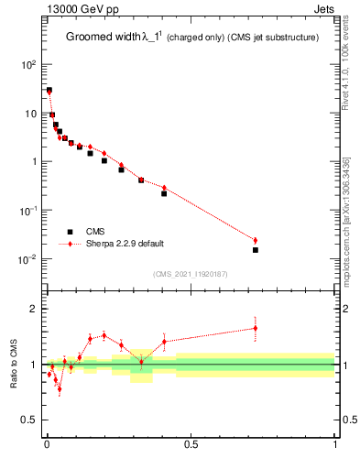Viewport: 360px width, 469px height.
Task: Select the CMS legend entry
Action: coord(94,232)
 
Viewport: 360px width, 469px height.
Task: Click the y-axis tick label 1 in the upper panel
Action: coord(34,162)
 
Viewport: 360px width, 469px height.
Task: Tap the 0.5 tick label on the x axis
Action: coord(191,446)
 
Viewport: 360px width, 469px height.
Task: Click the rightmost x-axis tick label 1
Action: coord(335,446)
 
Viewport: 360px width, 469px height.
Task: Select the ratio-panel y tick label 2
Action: coord(34,309)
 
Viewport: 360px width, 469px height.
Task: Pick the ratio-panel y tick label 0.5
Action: coord(29,420)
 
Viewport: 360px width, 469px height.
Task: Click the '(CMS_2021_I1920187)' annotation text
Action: coord(191,273)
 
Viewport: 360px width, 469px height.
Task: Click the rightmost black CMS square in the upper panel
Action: coord(256,250)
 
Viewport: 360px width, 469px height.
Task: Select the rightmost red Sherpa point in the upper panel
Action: coord(256,240)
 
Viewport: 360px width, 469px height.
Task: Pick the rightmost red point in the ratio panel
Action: coord(256,328)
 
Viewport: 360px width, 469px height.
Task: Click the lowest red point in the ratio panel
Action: coord(60,389)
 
